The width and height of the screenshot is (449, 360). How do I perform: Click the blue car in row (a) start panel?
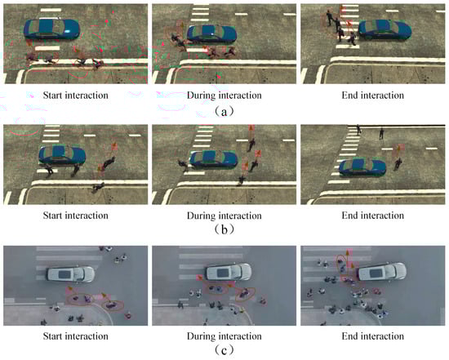click(x=51, y=29)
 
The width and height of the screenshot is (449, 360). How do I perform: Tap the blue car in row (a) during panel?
click(x=212, y=34)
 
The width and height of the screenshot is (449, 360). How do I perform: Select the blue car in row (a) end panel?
click(x=385, y=29)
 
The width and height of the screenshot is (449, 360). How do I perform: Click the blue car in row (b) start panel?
click(x=62, y=155)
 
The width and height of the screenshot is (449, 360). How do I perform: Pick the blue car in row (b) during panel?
click(x=214, y=160)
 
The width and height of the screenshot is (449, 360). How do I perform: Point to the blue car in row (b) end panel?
click(x=362, y=167)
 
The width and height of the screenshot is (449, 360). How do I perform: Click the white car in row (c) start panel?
click(x=70, y=274)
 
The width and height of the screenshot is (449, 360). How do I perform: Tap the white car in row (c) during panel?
click(x=229, y=272)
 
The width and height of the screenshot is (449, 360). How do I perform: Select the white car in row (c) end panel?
click(x=382, y=271)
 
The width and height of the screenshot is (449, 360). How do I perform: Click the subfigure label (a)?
click(x=224, y=111)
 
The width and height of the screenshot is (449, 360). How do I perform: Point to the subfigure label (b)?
click(x=224, y=229)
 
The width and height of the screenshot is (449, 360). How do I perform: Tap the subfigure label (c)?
click(x=224, y=349)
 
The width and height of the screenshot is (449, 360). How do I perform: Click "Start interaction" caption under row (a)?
click(x=76, y=95)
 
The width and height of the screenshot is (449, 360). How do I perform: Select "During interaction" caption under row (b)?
click(x=224, y=216)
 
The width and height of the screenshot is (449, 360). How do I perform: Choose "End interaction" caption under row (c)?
click(x=373, y=336)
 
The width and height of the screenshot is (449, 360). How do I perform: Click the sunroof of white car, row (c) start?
click(x=64, y=274)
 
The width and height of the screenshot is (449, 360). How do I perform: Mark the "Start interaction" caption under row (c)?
click(x=76, y=336)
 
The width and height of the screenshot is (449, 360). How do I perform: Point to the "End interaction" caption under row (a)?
click(x=373, y=95)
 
